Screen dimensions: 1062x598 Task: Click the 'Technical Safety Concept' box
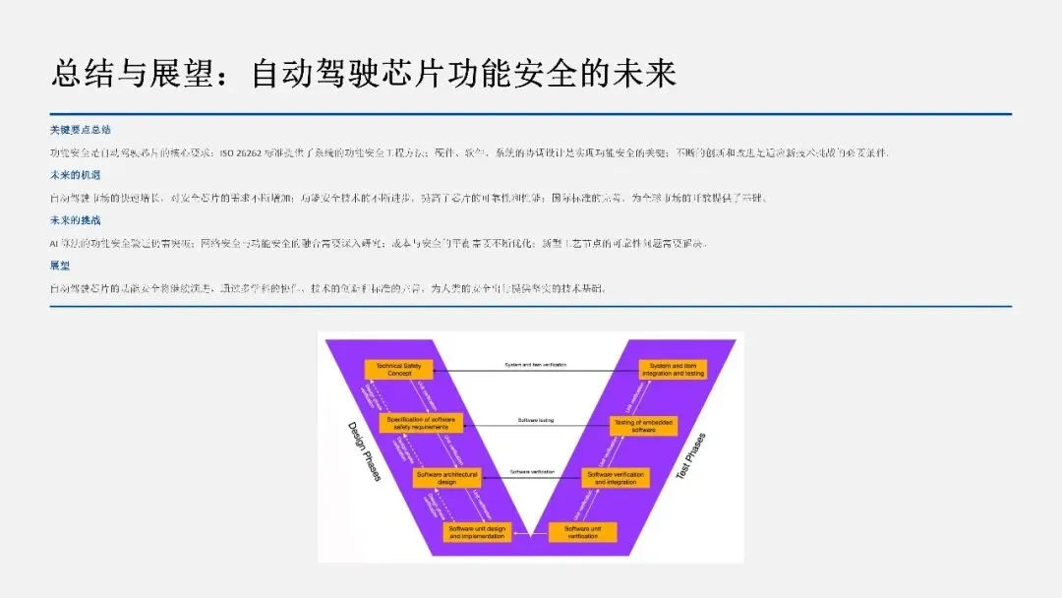tap(398, 370)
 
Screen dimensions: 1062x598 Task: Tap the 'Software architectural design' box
tap(446, 478)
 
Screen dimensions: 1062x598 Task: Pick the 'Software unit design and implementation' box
tap(477, 532)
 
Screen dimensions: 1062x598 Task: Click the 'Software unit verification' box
tap(582, 532)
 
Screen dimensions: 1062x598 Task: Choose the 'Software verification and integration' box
tap(616, 478)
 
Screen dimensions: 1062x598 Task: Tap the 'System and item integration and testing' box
tap(673, 370)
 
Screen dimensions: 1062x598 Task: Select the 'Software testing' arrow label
tap(536, 420)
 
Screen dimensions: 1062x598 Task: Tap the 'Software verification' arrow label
tap(532, 473)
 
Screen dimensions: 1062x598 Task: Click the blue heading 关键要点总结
tap(81, 129)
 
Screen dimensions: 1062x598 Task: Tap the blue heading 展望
tap(59, 266)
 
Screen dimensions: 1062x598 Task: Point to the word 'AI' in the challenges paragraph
tap(54, 243)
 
